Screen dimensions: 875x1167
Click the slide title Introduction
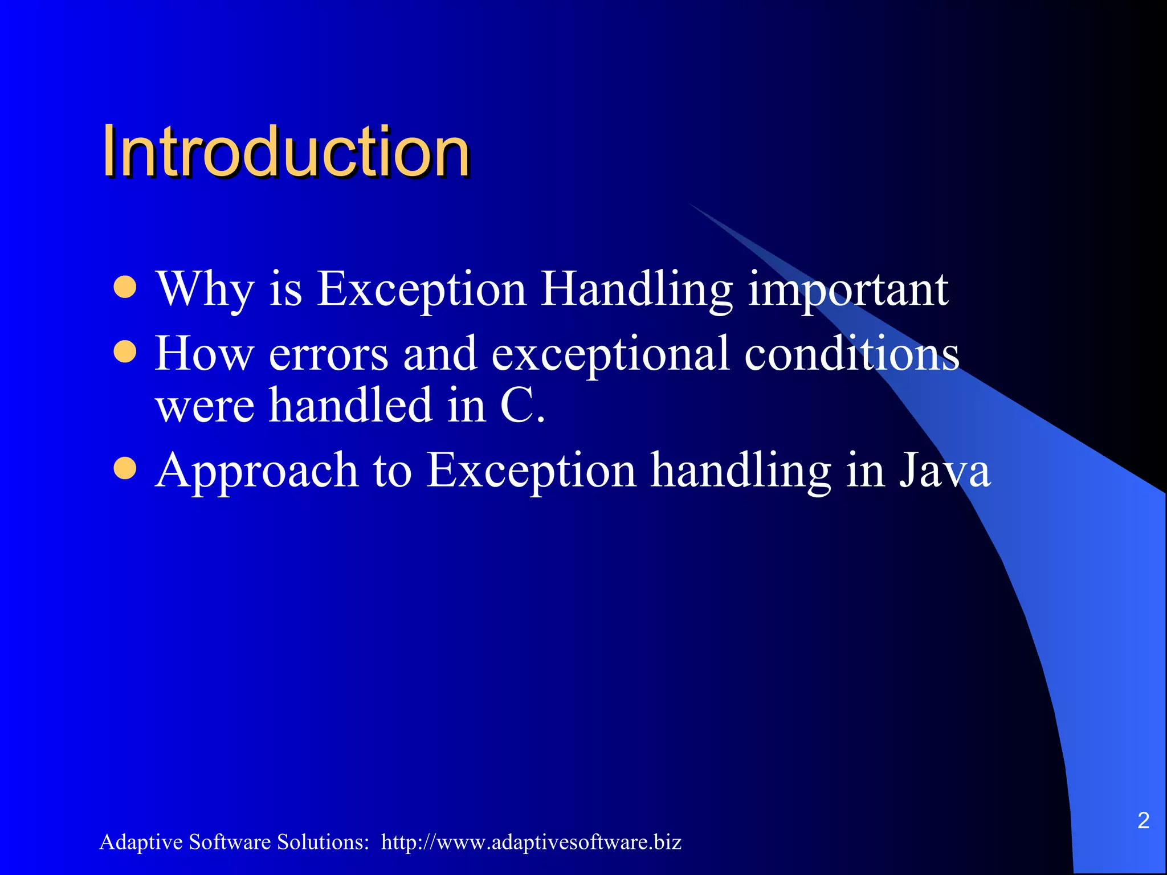coord(286,152)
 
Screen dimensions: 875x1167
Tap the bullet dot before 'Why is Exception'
coord(125,287)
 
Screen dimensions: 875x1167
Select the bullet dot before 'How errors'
coord(125,351)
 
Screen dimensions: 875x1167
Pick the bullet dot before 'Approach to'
coord(125,468)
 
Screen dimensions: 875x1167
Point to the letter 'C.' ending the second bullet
coord(522,406)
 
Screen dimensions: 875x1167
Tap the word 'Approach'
coord(256,472)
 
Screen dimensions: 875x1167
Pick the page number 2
coord(1143,820)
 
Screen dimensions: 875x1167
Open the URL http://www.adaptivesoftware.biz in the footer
coord(531,842)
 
